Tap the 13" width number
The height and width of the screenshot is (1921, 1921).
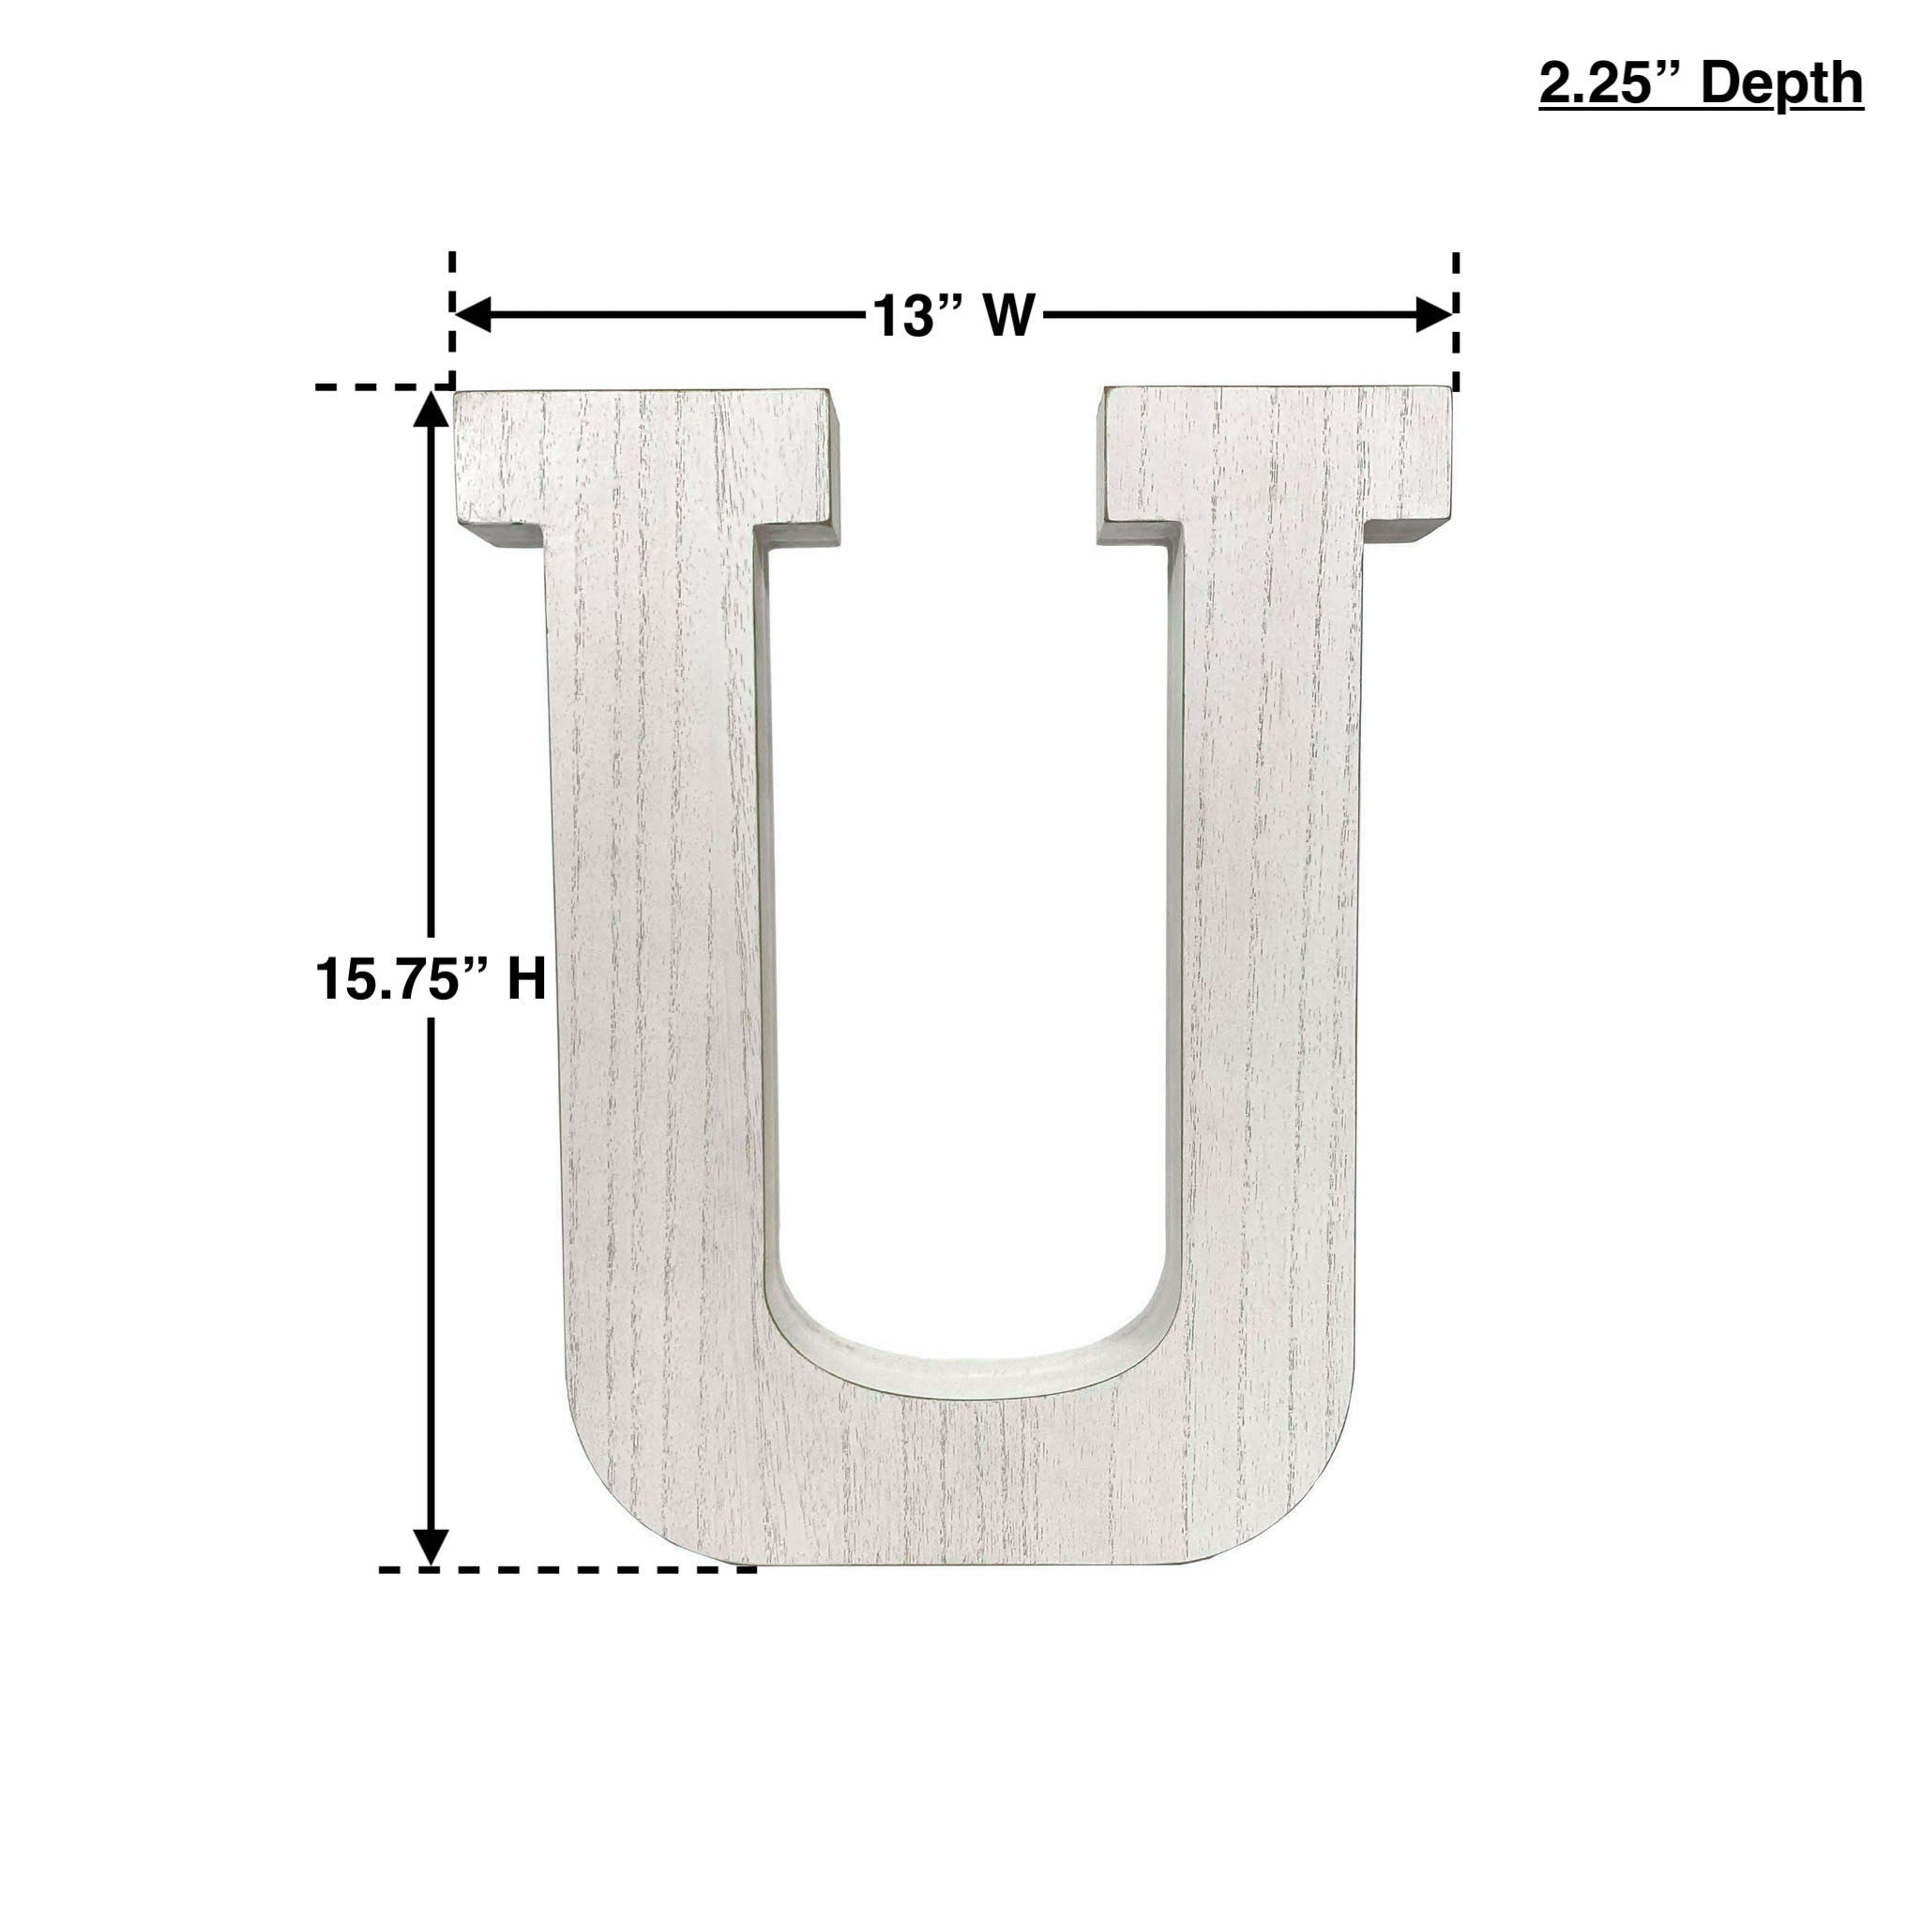coord(912,316)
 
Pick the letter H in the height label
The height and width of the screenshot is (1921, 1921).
coord(527,979)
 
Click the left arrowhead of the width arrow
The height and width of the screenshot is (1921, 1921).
coord(473,315)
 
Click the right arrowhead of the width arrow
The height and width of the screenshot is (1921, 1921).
coord(1434,315)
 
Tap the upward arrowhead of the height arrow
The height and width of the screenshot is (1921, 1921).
coord(431,409)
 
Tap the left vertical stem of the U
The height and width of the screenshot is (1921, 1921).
coord(657,945)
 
